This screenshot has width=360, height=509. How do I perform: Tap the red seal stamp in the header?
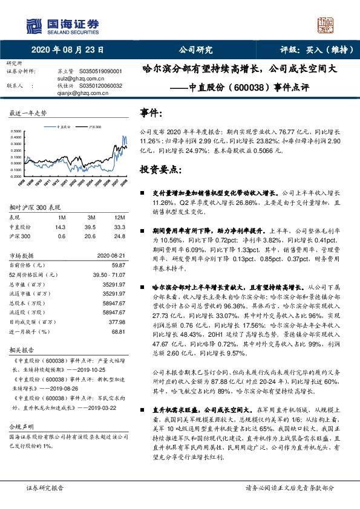326,25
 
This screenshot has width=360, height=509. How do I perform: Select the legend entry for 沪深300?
94,128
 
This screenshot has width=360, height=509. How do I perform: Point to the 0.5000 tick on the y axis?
19,131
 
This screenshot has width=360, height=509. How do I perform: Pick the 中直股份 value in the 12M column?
118,226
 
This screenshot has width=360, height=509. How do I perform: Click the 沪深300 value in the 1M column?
61,236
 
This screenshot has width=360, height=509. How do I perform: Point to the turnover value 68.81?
118,332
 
